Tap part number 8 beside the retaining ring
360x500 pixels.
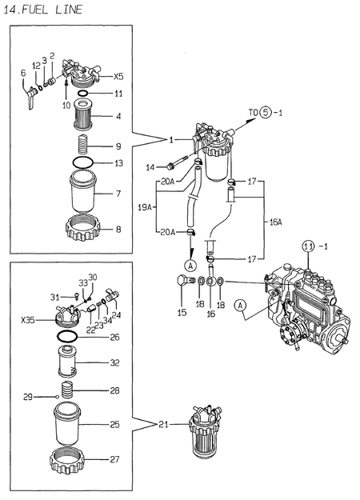pos(118,230)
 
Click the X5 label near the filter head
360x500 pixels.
pos(118,77)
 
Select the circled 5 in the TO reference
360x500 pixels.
pos(265,114)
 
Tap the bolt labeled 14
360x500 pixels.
pos(170,166)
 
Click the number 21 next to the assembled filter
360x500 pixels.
pos(164,424)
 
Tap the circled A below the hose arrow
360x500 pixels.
pos(189,265)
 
